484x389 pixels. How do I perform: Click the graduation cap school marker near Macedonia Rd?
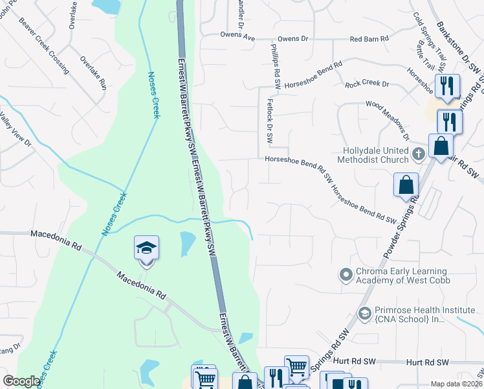tap(147, 248)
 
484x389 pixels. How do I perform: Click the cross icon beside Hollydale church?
tap(419, 154)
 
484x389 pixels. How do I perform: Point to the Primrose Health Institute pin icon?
tap(364, 314)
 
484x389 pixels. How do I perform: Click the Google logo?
tap(21, 381)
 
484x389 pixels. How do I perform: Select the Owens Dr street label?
tap(289, 39)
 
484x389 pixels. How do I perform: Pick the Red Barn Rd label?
tap(369, 39)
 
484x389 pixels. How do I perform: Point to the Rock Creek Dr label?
tap(367, 84)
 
